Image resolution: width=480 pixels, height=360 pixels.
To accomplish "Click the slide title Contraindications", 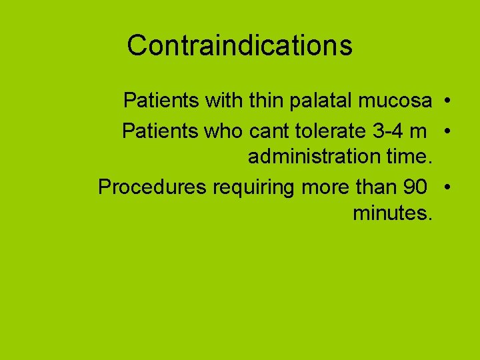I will pyautogui.click(x=239, y=45).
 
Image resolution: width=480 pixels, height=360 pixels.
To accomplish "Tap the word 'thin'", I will pyautogui.click(x=267, y=101).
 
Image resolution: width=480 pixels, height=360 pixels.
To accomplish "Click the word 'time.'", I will pyautogui.click(x=409, y=158).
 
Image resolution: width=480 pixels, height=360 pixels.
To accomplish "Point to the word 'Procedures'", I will pyautogui.click(x=152, y=187).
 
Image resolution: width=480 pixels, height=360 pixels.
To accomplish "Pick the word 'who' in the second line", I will pyautogui.click(x=224, y=131).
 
